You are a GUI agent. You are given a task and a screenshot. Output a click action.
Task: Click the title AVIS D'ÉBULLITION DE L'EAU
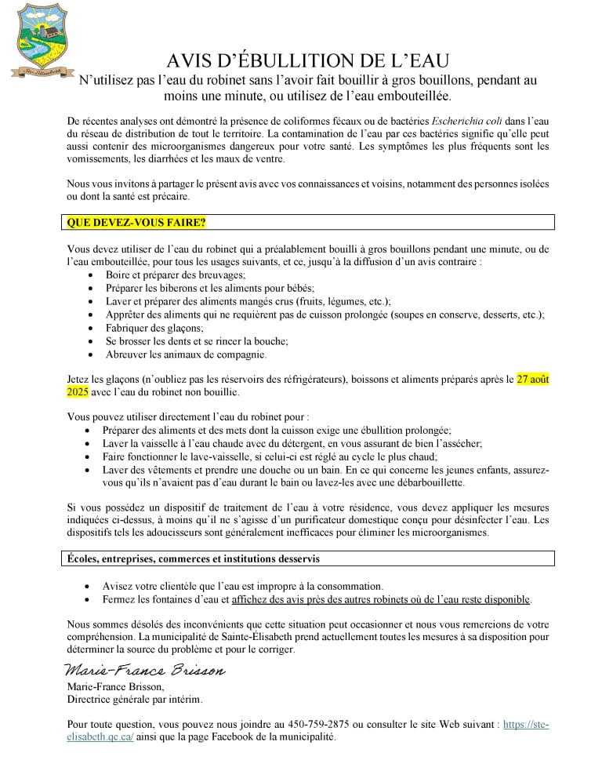[308, 61]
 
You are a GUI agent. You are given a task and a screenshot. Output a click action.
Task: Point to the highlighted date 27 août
[533, 380]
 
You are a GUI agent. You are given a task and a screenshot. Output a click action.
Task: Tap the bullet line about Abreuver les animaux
[176, 355]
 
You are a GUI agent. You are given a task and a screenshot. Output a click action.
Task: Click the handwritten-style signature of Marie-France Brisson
[144, 671]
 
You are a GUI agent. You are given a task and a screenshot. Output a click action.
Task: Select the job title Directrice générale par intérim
[135, 699]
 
